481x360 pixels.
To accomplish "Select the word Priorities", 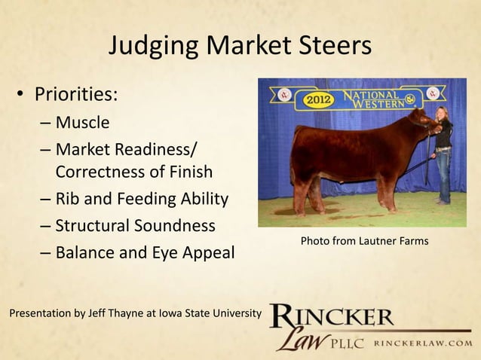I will point(74,96).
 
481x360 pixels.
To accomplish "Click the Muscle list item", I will point(82,123).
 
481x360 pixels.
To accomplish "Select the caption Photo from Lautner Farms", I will point(364,241).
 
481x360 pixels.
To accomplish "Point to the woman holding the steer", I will point(444,151).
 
